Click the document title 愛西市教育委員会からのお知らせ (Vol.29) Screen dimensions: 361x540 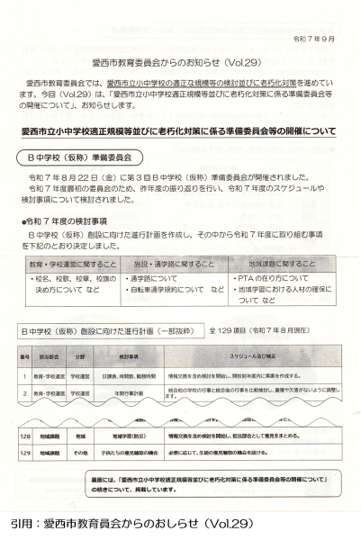point(180,64)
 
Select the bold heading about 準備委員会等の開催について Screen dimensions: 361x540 point(180,131)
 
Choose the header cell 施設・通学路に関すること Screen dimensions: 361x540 point(172,265)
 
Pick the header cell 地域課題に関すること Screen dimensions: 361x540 point(281,265)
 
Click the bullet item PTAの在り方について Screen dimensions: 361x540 point(274,280)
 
